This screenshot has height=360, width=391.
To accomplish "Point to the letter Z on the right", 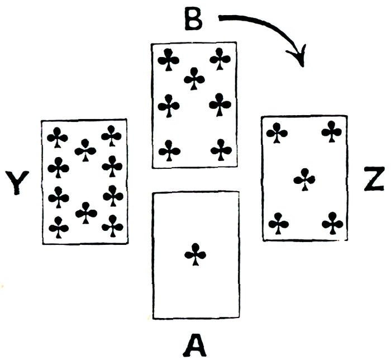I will click(373, 181).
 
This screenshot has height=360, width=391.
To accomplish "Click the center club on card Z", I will click(304, 179).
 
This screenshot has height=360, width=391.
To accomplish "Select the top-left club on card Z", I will click(277, 132).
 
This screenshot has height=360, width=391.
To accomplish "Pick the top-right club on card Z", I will click(332, 132).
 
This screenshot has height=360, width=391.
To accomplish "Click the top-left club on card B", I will click(168, 59).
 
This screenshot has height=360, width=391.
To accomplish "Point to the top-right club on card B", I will click(221, 59).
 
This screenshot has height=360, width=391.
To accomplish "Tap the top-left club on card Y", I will click(58, 137).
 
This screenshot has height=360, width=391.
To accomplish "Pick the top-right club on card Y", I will click(112, 136).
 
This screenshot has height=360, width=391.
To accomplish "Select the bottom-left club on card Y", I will click(59, 227).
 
